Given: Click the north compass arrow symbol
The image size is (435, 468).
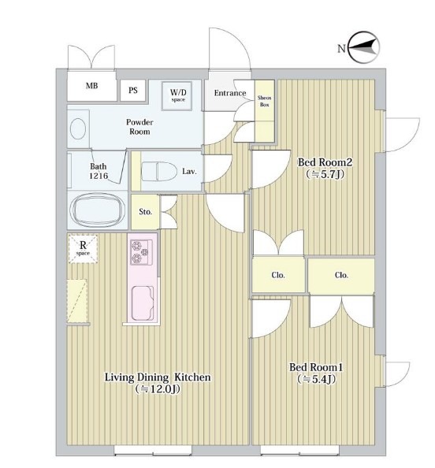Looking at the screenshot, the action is coord(364,47).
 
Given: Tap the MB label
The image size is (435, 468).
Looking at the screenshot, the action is coord(91,86).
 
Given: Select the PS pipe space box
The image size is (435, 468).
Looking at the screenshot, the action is coord(133,90).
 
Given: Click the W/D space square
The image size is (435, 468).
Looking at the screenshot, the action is coord(177,96).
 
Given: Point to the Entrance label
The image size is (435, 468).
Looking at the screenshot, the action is coord(230,93).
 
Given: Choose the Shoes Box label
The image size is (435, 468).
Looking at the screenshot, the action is coord(264,101).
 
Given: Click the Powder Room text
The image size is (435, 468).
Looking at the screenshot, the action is coord(139,127).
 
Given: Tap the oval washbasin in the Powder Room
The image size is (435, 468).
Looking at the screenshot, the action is coord(78,128).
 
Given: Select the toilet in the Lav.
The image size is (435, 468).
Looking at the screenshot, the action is coord(158,171).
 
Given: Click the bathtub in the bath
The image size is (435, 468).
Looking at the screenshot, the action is coord(97,210).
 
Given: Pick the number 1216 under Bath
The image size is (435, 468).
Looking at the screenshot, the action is coord(99,176).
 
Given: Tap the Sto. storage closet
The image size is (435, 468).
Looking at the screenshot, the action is coord(146,212).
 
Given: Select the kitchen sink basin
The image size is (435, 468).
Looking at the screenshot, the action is coord(143,303).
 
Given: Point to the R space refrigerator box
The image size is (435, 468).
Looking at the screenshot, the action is coord(83,249).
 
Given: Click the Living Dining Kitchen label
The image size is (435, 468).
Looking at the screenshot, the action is coord(158,377).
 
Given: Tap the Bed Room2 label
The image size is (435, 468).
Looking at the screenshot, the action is coord(325,162).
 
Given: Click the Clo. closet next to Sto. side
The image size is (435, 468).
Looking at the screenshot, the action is coord(278,275).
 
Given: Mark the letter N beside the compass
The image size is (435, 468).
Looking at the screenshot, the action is coord(341,48).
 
